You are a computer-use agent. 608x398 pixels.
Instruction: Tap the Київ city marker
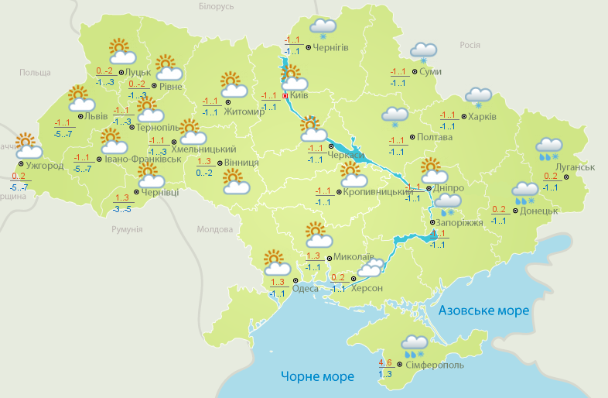[x=285, y=96]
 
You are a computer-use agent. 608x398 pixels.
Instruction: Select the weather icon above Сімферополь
[x=415, y=345]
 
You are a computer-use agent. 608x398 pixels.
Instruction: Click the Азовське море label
[x=483, y=311]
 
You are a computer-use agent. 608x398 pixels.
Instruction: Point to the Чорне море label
[x=317, y=377]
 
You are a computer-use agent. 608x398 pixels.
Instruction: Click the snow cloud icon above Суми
[x=423, y=52]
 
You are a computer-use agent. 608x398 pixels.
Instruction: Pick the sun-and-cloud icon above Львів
[x=80, y=98]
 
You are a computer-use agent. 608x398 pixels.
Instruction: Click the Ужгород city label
[x=44, y=165]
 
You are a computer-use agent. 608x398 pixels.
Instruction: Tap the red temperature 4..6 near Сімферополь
[x=384, y=362]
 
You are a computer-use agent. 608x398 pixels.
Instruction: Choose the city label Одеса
[x=306, y=289]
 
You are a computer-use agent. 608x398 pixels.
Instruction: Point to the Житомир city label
[x=244, y=111]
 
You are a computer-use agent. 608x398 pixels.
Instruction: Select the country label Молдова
[x=214, y=230]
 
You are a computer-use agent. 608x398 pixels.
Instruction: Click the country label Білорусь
[x=216, y=7]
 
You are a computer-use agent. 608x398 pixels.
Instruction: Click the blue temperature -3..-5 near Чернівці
[x=122, y=209]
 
